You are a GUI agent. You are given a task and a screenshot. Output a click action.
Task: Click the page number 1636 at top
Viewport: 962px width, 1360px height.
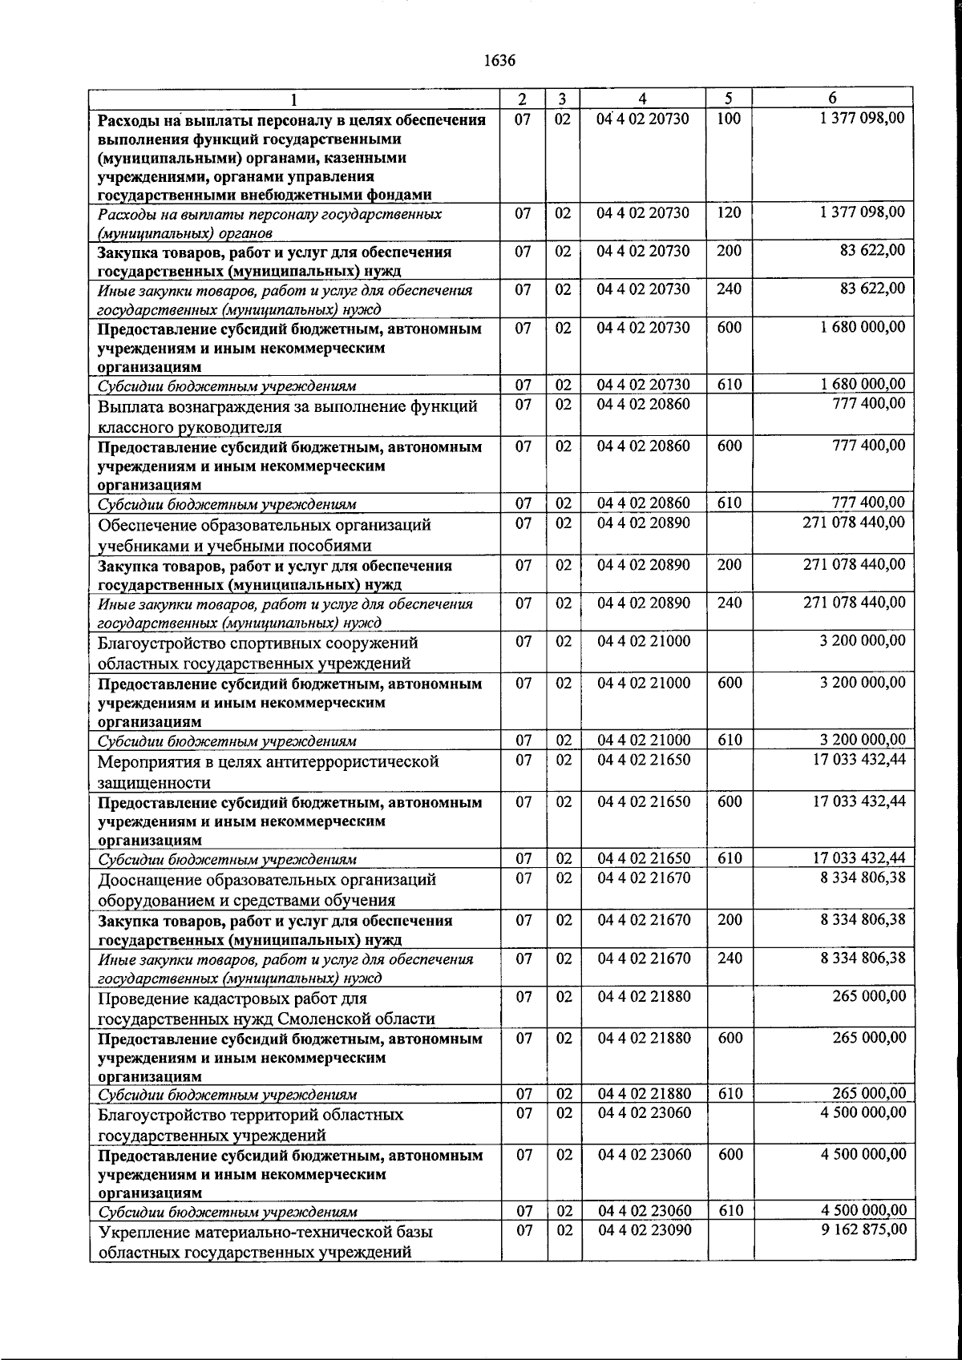click(x=499, y=61)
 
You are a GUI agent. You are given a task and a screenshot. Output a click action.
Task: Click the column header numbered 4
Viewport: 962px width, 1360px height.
click(x=643, y=99)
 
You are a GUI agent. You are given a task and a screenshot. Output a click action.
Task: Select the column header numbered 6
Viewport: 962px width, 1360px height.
click(x=832, y=99)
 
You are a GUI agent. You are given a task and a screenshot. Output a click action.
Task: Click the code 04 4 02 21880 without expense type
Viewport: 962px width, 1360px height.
click(x=643, y=997)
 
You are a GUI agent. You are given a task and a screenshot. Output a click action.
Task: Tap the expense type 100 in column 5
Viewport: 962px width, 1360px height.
click(x=729, y=119)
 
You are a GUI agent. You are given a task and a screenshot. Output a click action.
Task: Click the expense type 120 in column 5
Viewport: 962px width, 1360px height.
click(x=729, y=212)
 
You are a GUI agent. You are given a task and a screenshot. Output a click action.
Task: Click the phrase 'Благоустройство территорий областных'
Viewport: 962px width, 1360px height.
click(x=251, y=1115)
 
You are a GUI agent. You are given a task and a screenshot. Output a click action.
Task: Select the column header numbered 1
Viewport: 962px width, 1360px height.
click(x=294, y=99)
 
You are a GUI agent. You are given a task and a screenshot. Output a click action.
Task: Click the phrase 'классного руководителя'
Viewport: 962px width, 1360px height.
click(x=190, y=426)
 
